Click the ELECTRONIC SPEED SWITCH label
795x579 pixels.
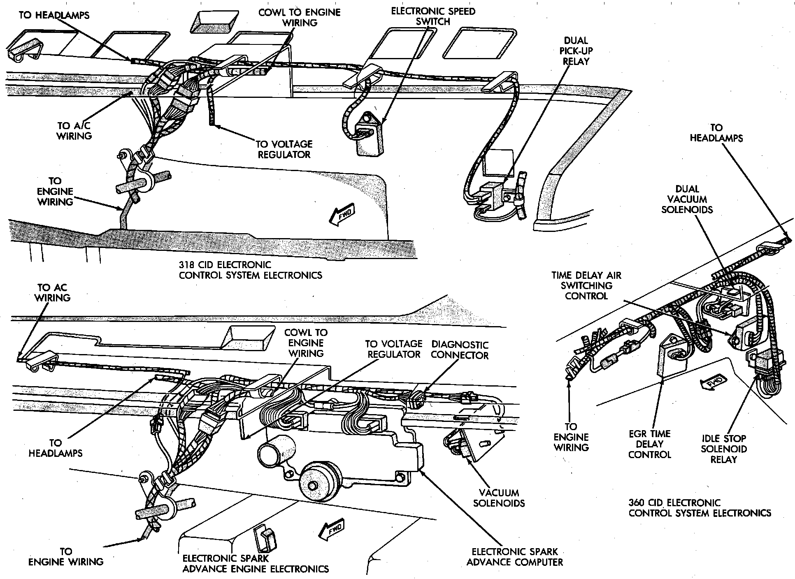click(x=433, y=16)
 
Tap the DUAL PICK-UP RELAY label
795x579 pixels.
click(x=576, y=51)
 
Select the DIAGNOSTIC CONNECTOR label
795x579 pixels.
click(x=460, y=350)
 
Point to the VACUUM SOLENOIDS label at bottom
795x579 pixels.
click(x=499, y=498)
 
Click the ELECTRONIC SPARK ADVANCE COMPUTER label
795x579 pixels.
click(x=515, y=557)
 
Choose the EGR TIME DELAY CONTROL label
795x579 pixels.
click(x=650, y=444)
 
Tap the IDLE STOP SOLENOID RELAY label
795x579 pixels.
click(x=723, y=449)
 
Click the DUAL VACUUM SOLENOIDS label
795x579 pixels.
click(x=687, y=199)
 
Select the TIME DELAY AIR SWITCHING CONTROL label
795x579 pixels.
click(x=586, y=285)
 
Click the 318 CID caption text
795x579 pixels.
click(x=250, y=270)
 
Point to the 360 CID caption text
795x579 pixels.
click(x=700, y=508)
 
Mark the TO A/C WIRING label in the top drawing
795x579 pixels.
click(x=74, y=131)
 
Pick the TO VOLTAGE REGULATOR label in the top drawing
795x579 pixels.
click(x=284, y=149)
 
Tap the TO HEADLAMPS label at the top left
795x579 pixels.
click(x=54, y=15)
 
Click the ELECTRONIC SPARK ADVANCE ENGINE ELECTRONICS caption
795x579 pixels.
click(x=255, y=564)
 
